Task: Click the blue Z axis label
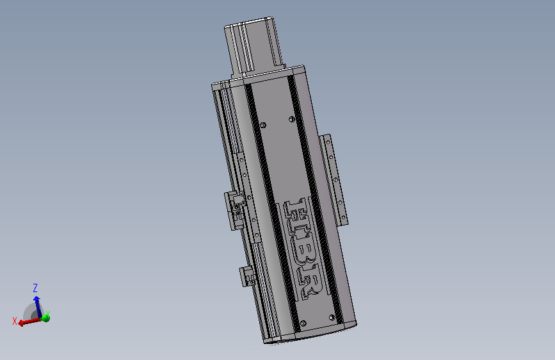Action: tap(36, 288)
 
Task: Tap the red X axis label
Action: tap(14, 321)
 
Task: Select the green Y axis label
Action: tap(48, 314)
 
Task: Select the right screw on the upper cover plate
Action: tap(291, 119)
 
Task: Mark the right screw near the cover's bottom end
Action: tap(332, 317)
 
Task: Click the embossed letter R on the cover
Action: tap(310, 282)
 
